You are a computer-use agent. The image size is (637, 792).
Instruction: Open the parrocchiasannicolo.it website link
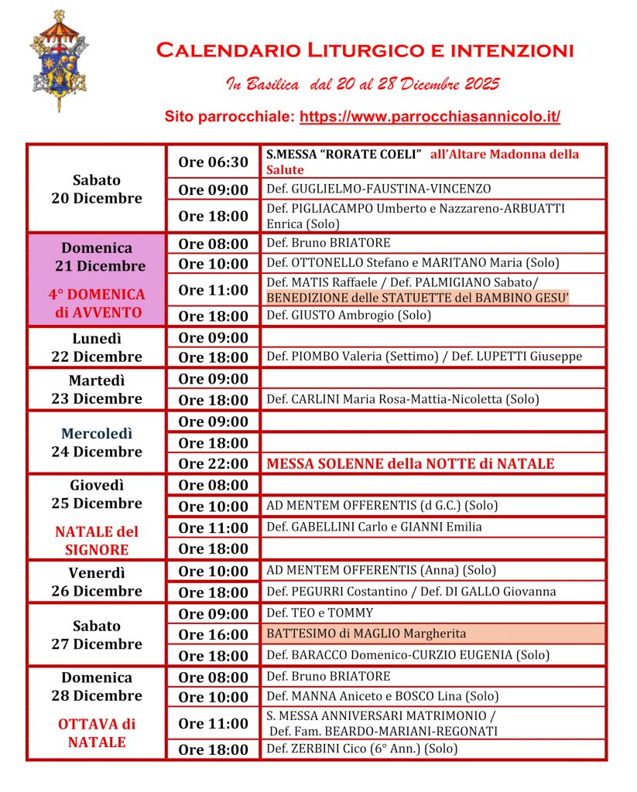coord(430,118)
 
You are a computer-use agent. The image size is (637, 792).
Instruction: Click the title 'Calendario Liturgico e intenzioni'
coord(365,51)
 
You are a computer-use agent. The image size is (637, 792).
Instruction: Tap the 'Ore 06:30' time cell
coord(213,162)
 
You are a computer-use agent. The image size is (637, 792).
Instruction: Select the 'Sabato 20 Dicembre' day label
coord(97,189)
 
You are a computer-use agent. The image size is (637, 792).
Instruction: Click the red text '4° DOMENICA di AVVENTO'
coord(97,303)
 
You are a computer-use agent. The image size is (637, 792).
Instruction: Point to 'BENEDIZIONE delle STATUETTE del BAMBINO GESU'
coord(417,297)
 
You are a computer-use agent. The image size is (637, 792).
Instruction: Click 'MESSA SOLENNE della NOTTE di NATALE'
coord(410,464)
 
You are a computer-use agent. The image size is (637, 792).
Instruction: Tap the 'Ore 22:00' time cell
coord(213,464)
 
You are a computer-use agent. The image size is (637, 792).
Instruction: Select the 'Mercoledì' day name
coord(97,433)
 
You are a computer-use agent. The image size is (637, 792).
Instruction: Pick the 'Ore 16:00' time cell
coord(213,634)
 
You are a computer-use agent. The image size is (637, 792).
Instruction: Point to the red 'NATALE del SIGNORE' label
coord(97,541)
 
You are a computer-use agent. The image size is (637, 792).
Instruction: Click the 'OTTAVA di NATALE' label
coord(97,733)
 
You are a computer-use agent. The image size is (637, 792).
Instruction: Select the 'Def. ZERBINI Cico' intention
coord(361,749)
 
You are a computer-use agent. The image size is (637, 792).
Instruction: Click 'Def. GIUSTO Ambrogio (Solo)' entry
coord(348,315)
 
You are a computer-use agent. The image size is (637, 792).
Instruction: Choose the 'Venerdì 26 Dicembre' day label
coord(97,582)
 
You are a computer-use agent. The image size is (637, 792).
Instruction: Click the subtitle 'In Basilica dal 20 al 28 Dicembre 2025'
coord(362,84)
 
